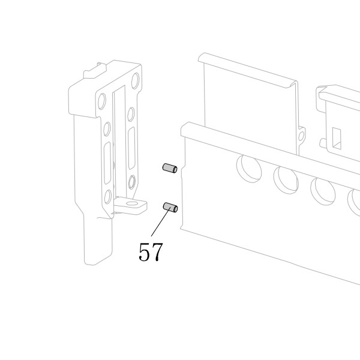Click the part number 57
point(151,251)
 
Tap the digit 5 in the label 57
point(145,251)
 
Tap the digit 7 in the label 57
point(157,252)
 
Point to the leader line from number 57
point(161,221)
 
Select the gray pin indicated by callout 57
point(170,208)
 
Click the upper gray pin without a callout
point(170,168)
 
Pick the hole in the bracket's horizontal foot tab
point(131,203)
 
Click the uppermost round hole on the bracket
point(135,80)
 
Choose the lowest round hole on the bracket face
point(107,197)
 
